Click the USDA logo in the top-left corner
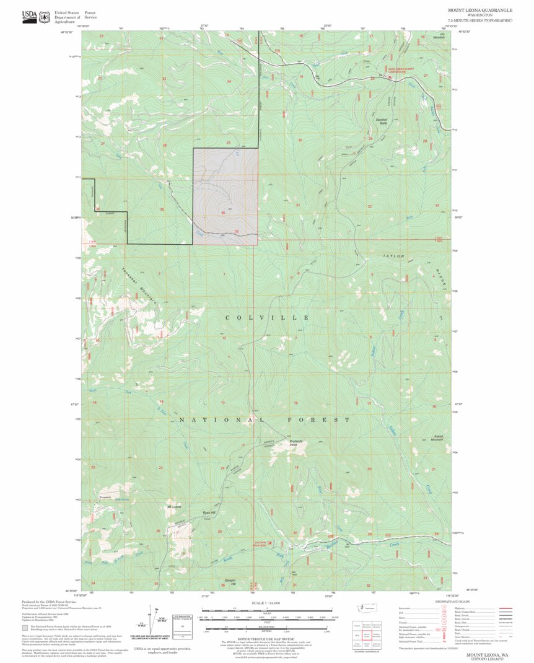pyautogui.click(x=29, y=17)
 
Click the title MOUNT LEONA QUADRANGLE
pyautogui.click(x=480, y=11)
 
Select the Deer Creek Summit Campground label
pyautogui.click(x=388, y=71)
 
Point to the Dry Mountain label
pyautogui.click(x=439, y=36)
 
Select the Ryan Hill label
pyautogui.click(x=209, y=513)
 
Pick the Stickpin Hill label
pyautogui.click(x=229, y=582)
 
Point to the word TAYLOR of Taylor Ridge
pyautogui.click(x=393, y=255)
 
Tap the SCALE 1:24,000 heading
pyautogui.click(x=267, y=603)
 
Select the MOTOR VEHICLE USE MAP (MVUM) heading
pyautogui.click(x=267, y=639)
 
